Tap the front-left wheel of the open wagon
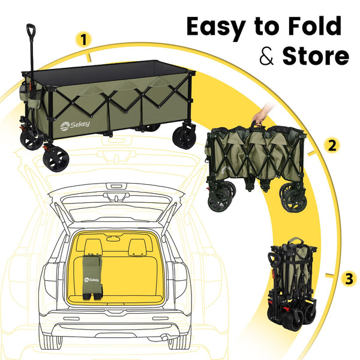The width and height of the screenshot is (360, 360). point(56,158)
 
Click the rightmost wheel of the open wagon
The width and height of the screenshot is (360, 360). point(185,137)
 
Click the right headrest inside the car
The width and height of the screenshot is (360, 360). point(137,245)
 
